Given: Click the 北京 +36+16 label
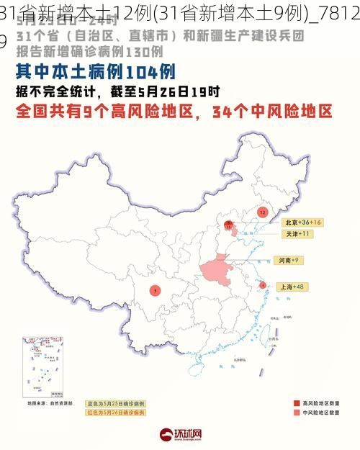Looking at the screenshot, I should (302, 222).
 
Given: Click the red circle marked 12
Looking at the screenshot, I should (262, 212).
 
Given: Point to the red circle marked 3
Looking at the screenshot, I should (155, 290).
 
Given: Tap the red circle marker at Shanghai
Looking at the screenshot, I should (263, 285).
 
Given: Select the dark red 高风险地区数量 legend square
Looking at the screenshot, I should (297, 402).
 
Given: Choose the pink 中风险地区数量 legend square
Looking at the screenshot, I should (297, 413).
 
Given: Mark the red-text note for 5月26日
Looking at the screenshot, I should (116, 413).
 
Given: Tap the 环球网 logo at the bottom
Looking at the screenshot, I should (180, 435).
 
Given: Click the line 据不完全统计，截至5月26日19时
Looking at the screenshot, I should (119, 91).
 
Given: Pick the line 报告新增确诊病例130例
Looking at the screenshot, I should (89, 52).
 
